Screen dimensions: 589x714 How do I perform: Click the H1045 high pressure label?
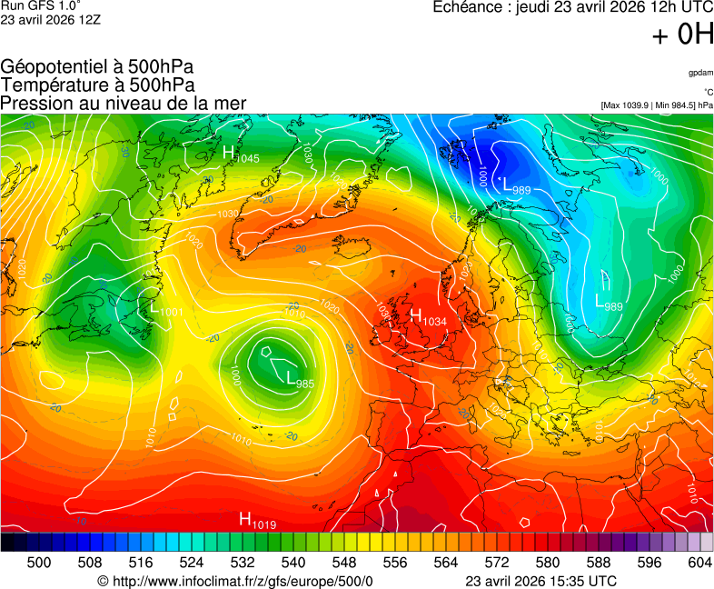coord(241,155)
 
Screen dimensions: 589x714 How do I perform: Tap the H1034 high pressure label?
coord(429,317)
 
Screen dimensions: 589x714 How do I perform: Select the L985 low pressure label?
coord(300,380)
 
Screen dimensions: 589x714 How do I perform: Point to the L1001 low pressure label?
coord(167,311)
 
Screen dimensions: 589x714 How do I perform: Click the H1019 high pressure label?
coord(257,521)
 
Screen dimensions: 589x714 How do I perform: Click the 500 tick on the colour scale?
coord(39,563)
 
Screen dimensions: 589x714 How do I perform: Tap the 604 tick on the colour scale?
coord(699,563)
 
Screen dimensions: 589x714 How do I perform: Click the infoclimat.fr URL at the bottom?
coord(235,581)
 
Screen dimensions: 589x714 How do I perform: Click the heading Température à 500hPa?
coord(97,85)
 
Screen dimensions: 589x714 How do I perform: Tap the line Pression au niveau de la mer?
coord(124,103)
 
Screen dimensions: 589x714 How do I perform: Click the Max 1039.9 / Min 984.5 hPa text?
coord(657,105)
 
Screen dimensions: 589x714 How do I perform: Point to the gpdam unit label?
coord(700,72)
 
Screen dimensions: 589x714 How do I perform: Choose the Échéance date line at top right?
coord(572,7)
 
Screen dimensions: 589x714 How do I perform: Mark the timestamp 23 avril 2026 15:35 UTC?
coord(540,581)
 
